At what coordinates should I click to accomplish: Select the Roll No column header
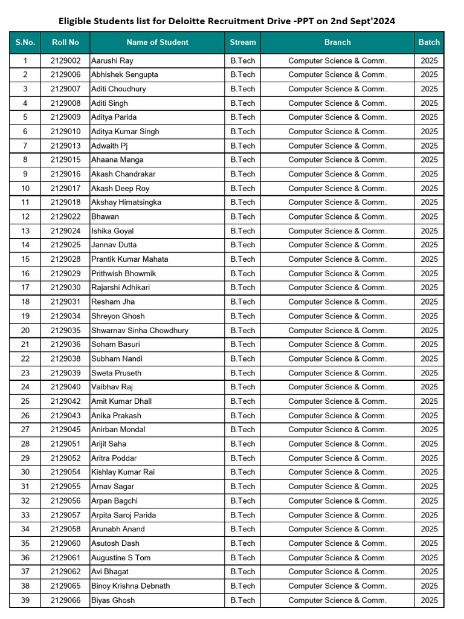click(x=65, y=42)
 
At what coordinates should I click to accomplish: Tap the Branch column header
click(x=337, y=42)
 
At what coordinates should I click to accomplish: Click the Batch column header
click(x=429, y=42)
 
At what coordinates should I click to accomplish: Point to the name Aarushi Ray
click(x=112, y=60)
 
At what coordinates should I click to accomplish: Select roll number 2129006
click(x=65, y=75)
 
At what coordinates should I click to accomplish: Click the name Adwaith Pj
click(x=109, y=146)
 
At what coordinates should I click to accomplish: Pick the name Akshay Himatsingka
click(x=126, y=203)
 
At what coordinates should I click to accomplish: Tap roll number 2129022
click(x=65, y=216)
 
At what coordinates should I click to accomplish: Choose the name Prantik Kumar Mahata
click(x=130, y=259)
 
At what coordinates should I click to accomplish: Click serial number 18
click(x=25, y=302)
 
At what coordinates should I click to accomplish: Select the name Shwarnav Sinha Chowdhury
click(x=140, y=331)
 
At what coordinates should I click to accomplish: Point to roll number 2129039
click(x=65, y=373)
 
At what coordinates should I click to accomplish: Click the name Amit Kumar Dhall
click(x=121, y=401)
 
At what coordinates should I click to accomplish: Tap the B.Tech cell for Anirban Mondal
click(x=243, y=430)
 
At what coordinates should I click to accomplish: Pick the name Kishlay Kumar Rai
click(x=123, y=472)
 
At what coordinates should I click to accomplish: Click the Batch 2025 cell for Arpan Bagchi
click(x=429, y=501)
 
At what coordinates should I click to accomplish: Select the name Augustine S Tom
click(x=121, y=557)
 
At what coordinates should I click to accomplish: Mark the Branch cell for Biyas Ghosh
click(x=337, y=600)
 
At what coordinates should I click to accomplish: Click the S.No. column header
click(x=25, y=42)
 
